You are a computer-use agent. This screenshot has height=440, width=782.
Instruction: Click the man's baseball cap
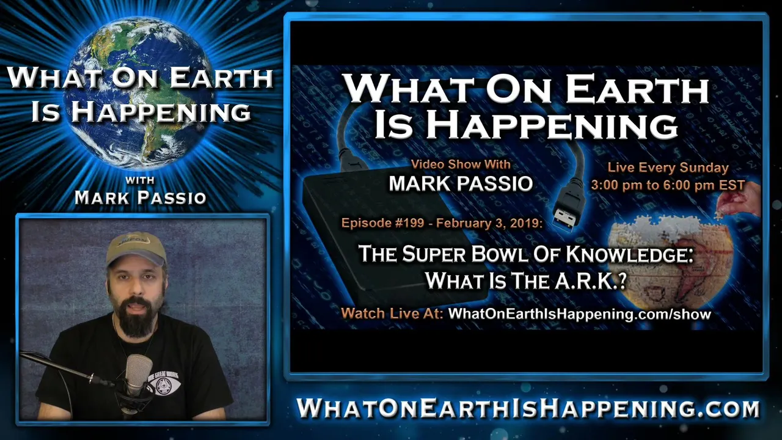136,248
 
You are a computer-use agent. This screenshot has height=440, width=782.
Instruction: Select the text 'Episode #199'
382,223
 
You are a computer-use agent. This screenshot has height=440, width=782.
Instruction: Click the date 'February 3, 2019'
489,223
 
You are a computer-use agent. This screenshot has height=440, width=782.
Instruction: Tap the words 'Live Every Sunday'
668,168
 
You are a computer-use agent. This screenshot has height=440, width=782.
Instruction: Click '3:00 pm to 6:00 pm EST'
668,185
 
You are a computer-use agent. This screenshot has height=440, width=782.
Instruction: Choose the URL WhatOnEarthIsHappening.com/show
580,314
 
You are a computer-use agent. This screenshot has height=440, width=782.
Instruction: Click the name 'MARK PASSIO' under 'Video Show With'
461,184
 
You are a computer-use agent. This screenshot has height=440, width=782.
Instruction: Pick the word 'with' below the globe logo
140,180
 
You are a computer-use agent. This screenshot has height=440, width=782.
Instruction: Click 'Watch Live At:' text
392,313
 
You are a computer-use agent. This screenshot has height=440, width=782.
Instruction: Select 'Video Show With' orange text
461,164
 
